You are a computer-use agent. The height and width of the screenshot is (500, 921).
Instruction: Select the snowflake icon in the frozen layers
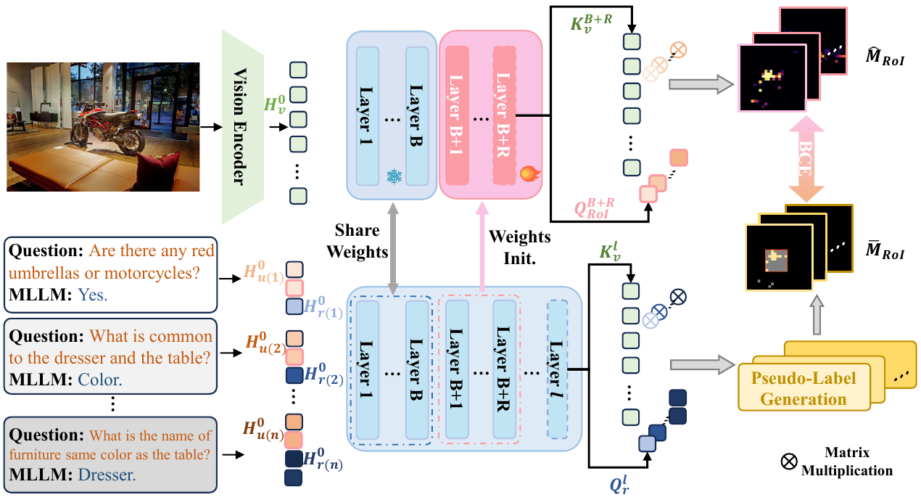394,176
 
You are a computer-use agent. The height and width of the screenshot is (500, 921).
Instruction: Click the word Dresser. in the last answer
107,475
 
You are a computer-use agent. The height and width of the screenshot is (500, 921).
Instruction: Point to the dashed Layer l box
558,369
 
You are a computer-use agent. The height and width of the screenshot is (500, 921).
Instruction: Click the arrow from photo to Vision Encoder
210,127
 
